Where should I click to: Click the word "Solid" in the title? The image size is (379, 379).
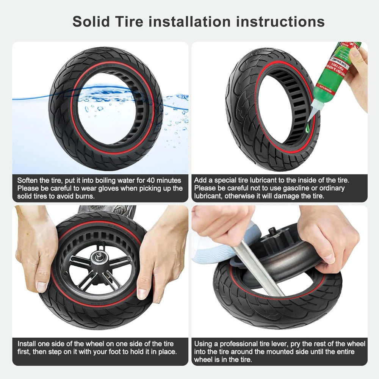91,22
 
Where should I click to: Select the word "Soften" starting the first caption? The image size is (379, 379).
27,180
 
